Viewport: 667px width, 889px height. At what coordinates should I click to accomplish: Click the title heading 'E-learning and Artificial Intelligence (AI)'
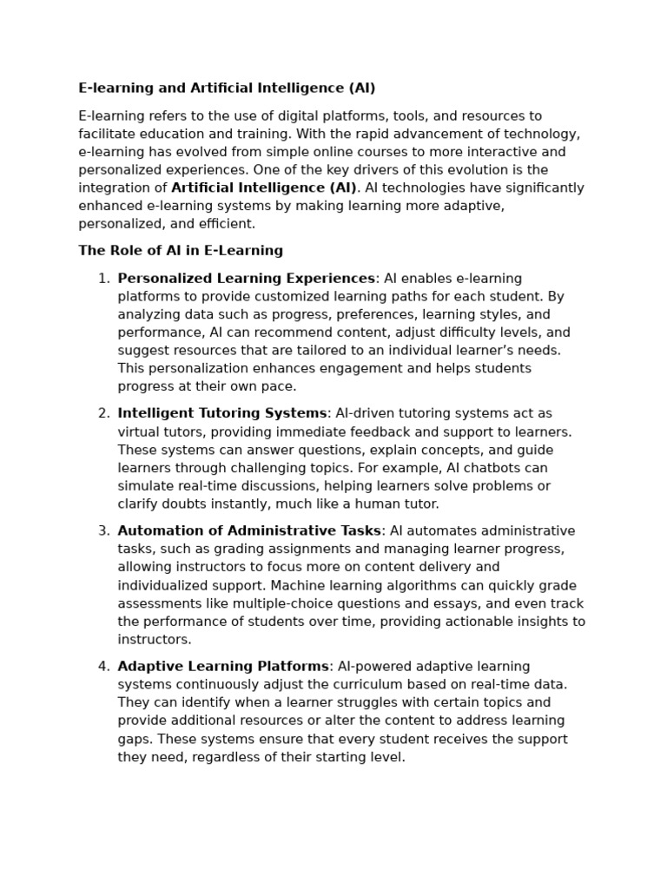(227, 89)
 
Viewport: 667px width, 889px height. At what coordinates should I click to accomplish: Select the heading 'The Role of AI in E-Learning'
(181, 251)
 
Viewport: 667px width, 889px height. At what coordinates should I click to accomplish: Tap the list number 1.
(103, 279)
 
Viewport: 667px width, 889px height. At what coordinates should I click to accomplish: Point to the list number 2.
(103, 414)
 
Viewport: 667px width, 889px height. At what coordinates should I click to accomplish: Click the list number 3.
(103, 531)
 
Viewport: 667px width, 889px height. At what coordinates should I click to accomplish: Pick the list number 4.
(103, 667)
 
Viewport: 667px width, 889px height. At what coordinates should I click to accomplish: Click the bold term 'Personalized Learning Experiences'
(246, 279)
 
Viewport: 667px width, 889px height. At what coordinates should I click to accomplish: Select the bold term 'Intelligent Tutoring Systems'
(222, 414)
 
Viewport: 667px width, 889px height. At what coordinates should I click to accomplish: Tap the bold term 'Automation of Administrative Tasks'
(249, 531)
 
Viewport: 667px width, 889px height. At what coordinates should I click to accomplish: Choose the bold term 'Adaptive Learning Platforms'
(223, 667)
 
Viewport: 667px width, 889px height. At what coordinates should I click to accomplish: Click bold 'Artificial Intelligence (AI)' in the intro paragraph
(264, 188)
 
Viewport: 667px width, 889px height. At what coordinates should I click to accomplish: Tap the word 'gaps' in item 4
(133, 739)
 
